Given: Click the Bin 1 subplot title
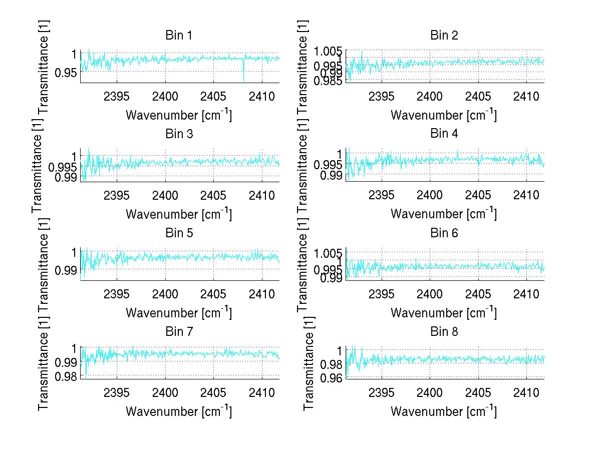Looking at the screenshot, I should click(179, 36).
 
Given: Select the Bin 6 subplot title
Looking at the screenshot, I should click(444, 233).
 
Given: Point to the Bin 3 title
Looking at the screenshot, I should click(179, 134).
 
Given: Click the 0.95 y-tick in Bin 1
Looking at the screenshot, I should click(66, 72).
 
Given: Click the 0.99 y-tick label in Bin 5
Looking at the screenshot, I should click(66, 270).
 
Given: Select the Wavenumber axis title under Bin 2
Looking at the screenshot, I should click(443, 115).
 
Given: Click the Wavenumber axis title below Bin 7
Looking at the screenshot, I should click(178, 411).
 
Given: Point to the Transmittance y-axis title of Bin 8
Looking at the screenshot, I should click(309, 363).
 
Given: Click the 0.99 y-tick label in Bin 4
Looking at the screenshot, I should click(333, 175).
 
